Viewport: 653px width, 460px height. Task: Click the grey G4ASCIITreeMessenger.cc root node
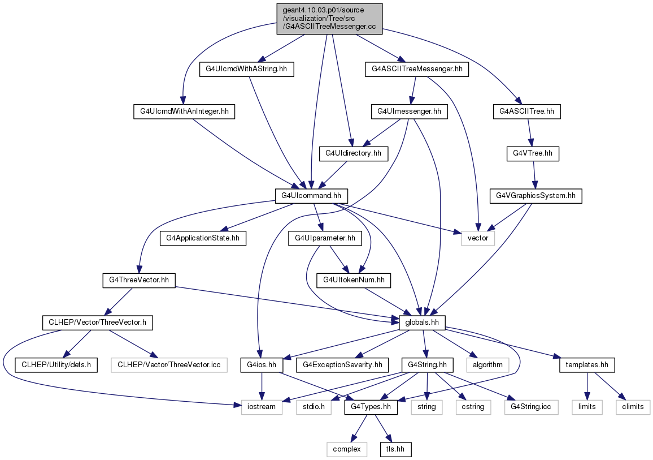point(329,19)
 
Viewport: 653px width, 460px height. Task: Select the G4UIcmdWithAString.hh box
point(246,69)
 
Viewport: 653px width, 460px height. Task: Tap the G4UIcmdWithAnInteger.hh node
point(184,111)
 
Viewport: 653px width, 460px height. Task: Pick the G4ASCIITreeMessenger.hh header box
point(417,69)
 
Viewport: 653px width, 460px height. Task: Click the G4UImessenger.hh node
point(409,111)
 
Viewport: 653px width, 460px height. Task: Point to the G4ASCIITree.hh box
point(527,111)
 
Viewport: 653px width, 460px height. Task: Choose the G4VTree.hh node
point(533,154)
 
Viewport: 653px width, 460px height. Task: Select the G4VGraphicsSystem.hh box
point(536,196)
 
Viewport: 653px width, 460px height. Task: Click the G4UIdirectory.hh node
point(353,154)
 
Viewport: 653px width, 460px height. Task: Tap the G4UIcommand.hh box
point(311,196)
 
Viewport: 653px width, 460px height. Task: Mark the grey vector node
point(478,238)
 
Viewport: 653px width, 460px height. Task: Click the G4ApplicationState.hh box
point(203,238)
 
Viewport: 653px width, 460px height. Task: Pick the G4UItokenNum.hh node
point(354,280)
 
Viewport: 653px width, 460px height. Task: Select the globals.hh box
point(422,323)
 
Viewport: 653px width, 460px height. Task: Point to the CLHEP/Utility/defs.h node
point(56,365)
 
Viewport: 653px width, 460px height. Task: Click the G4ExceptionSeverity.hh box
point(342,365)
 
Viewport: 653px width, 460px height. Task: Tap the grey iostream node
point(262,407)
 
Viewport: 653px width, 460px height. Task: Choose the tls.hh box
point(395,449)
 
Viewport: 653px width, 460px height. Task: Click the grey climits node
point(633,407)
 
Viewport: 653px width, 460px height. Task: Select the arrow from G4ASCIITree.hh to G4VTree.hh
point(530,132)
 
